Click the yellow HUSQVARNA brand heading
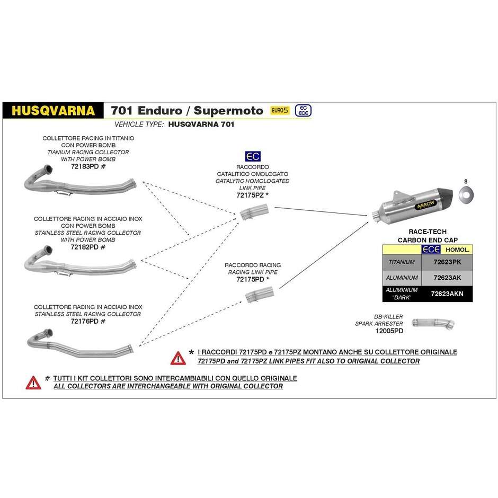click(53, 111)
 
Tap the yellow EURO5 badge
click(280, 110)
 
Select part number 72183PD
click(85, 166)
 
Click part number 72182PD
click(84, 247)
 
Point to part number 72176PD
click(84, 322)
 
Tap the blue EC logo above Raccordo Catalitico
click(253, 156)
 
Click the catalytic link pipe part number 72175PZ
click(250, 195)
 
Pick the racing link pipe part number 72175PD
click(250, 280)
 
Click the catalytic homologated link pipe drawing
click(254, 212)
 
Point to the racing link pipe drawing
click(259, 295)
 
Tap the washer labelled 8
click(466, 194)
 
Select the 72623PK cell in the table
click(447, 262)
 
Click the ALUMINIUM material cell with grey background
click(402, 278)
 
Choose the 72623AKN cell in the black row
click(447, 294)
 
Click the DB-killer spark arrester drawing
click(433, 324)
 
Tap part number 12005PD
click(389, 331)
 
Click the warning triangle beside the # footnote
click(33, 383)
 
